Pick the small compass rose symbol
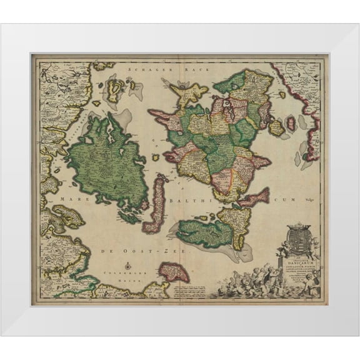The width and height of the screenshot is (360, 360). (x=127, y=265)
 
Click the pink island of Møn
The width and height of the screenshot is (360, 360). (x=254, y=199)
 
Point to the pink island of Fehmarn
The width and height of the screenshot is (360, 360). (x=173, y=272)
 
